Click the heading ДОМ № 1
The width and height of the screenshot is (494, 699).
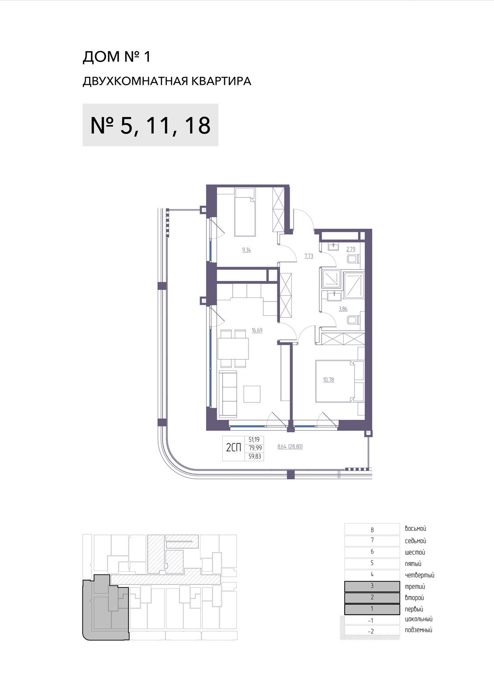(116, 57)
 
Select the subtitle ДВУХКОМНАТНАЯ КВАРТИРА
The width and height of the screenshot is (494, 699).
(167, 81)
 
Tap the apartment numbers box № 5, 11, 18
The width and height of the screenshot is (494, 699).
(150, 125)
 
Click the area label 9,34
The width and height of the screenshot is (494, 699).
(246, 250)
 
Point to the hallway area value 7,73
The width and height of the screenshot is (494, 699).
(309, 256)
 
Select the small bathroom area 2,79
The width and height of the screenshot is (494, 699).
(351, 249)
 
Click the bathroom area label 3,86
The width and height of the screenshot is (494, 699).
(343, 309)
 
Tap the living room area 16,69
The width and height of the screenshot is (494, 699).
(257, 330)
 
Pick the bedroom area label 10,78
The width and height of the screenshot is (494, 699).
(328, 380)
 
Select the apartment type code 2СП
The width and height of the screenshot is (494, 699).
(234, 448)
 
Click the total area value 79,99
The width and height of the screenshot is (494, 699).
(255, 448)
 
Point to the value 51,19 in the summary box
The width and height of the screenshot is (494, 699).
(254, 439)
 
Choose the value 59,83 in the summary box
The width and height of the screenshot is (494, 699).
(255, 457)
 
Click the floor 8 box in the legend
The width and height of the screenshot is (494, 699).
(372, 529)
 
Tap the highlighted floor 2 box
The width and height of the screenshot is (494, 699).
(372, 597)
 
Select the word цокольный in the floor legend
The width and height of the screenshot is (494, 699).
(418, 619)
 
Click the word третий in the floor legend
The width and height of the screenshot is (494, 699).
(415, 586)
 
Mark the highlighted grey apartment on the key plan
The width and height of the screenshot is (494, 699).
(105, 608)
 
